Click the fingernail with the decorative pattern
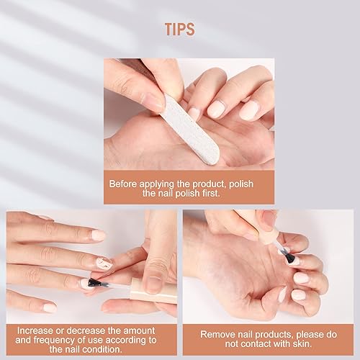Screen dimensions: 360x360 pos(105,263)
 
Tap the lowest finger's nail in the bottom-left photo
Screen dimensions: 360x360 pos(50,307)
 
